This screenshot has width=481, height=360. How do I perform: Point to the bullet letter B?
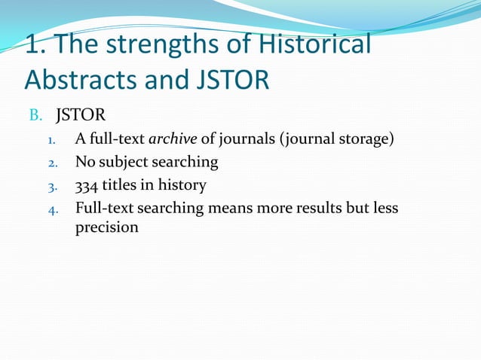coord(35,117)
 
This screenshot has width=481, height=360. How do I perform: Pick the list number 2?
coord(50,163)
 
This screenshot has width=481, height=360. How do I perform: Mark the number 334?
coord(87,185)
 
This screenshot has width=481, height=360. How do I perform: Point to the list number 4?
coord(50,209)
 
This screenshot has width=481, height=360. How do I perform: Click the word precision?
coord(106,227)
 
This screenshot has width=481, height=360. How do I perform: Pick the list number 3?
coord(50,186)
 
